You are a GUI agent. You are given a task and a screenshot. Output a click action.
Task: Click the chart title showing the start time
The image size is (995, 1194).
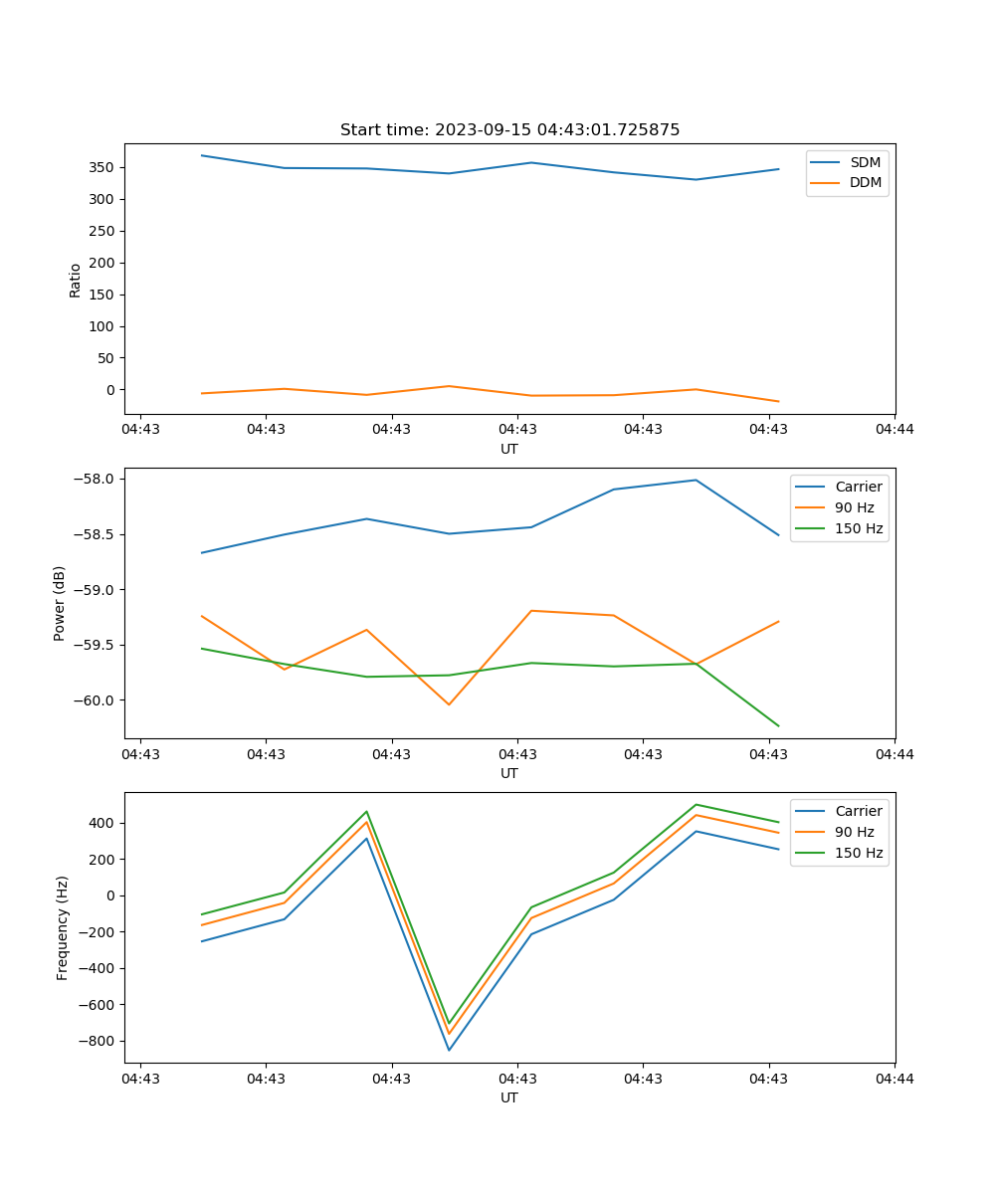point(509,130)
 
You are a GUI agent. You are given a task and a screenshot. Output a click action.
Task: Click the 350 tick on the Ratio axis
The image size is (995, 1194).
point(102,167)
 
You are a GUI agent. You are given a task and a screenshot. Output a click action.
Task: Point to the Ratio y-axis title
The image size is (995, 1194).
point(76,280)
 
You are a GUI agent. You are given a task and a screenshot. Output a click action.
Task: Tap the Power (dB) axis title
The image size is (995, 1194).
point(60,603)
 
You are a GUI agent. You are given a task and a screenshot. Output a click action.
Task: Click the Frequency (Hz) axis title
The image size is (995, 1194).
point(63,927)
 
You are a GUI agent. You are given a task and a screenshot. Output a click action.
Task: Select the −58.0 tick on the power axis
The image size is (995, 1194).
point(96,479)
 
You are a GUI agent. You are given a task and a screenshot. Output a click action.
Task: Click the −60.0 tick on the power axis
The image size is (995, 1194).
point(96,700)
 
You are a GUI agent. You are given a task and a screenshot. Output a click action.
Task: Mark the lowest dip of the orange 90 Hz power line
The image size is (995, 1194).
point(449,704)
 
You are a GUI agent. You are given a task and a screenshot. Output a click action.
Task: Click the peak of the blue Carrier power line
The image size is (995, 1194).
point(696,480)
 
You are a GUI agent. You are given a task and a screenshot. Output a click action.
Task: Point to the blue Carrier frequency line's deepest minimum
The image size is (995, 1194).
point(449,1050)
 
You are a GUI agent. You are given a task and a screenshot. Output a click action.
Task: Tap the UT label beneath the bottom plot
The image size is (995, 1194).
point(509,1097)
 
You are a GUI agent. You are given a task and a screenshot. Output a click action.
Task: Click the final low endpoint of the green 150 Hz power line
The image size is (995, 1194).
point(778,725)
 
